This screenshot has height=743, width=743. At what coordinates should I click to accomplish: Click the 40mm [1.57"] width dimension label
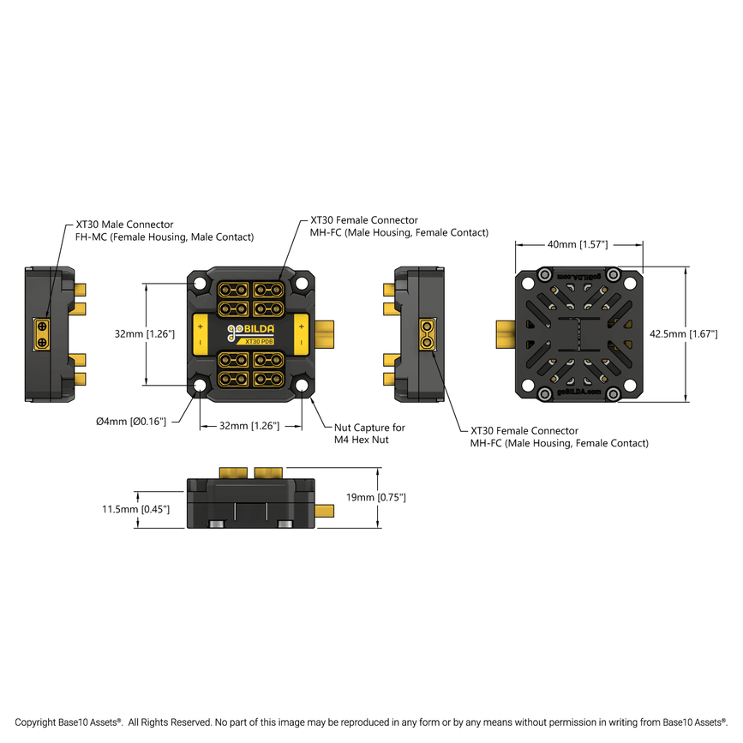578,244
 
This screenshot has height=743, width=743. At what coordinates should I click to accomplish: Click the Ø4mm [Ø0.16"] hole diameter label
130,421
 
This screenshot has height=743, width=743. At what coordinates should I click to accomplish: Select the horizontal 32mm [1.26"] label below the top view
250,425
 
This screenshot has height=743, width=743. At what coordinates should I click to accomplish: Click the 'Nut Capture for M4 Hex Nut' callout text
369,433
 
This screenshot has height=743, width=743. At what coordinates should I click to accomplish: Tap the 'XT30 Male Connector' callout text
124,225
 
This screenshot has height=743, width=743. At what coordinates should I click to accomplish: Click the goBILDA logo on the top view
250,330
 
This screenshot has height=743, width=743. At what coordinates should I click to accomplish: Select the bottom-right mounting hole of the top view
303,386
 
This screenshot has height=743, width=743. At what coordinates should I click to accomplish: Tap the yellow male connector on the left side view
42,333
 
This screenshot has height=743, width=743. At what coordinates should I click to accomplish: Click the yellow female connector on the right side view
426,333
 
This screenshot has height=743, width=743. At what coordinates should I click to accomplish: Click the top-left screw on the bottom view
543,275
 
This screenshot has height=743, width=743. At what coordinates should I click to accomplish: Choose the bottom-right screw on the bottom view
614,393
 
